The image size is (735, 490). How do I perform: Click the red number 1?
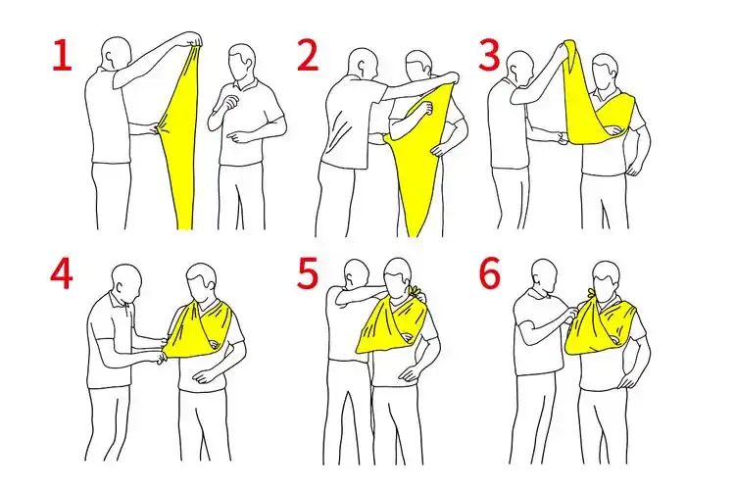pos(63,56)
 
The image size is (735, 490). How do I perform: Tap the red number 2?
pos(308,55)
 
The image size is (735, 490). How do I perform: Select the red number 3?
pos(489,55)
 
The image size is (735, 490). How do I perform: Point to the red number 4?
pos(62,273)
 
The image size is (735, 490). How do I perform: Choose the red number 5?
pos(308,273)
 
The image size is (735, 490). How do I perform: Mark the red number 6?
pos(490,273)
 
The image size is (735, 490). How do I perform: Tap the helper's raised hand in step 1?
pos(193,39)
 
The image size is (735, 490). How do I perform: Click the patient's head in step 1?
pos(242,63)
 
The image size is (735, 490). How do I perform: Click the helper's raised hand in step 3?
pos(563,47)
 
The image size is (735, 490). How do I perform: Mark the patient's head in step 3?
pos(605,71)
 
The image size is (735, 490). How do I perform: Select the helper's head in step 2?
pos(363,65)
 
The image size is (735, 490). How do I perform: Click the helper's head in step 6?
pos(544,276)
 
